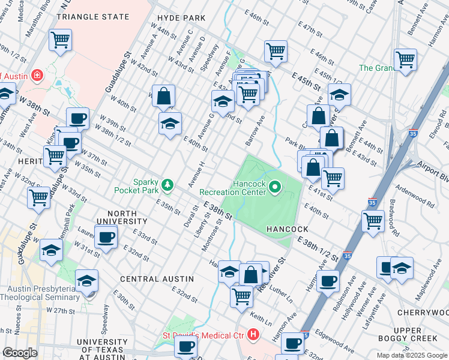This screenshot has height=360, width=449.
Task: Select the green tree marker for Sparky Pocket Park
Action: (170, 184)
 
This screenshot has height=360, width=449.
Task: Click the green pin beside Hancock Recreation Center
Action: (276, 188)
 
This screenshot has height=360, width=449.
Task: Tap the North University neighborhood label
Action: (128, 214)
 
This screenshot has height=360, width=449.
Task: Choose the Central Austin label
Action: (157, 279)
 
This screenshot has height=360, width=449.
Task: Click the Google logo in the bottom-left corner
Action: (20, 353)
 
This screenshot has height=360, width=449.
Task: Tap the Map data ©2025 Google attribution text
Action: (412, 355)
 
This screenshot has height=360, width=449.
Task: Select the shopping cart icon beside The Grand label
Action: (405, 59)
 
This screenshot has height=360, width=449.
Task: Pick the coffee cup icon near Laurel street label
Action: (106, 237)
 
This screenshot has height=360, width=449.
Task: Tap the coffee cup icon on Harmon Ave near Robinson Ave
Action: (328, 280)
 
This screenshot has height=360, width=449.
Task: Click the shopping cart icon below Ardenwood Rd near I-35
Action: (373, 220)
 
